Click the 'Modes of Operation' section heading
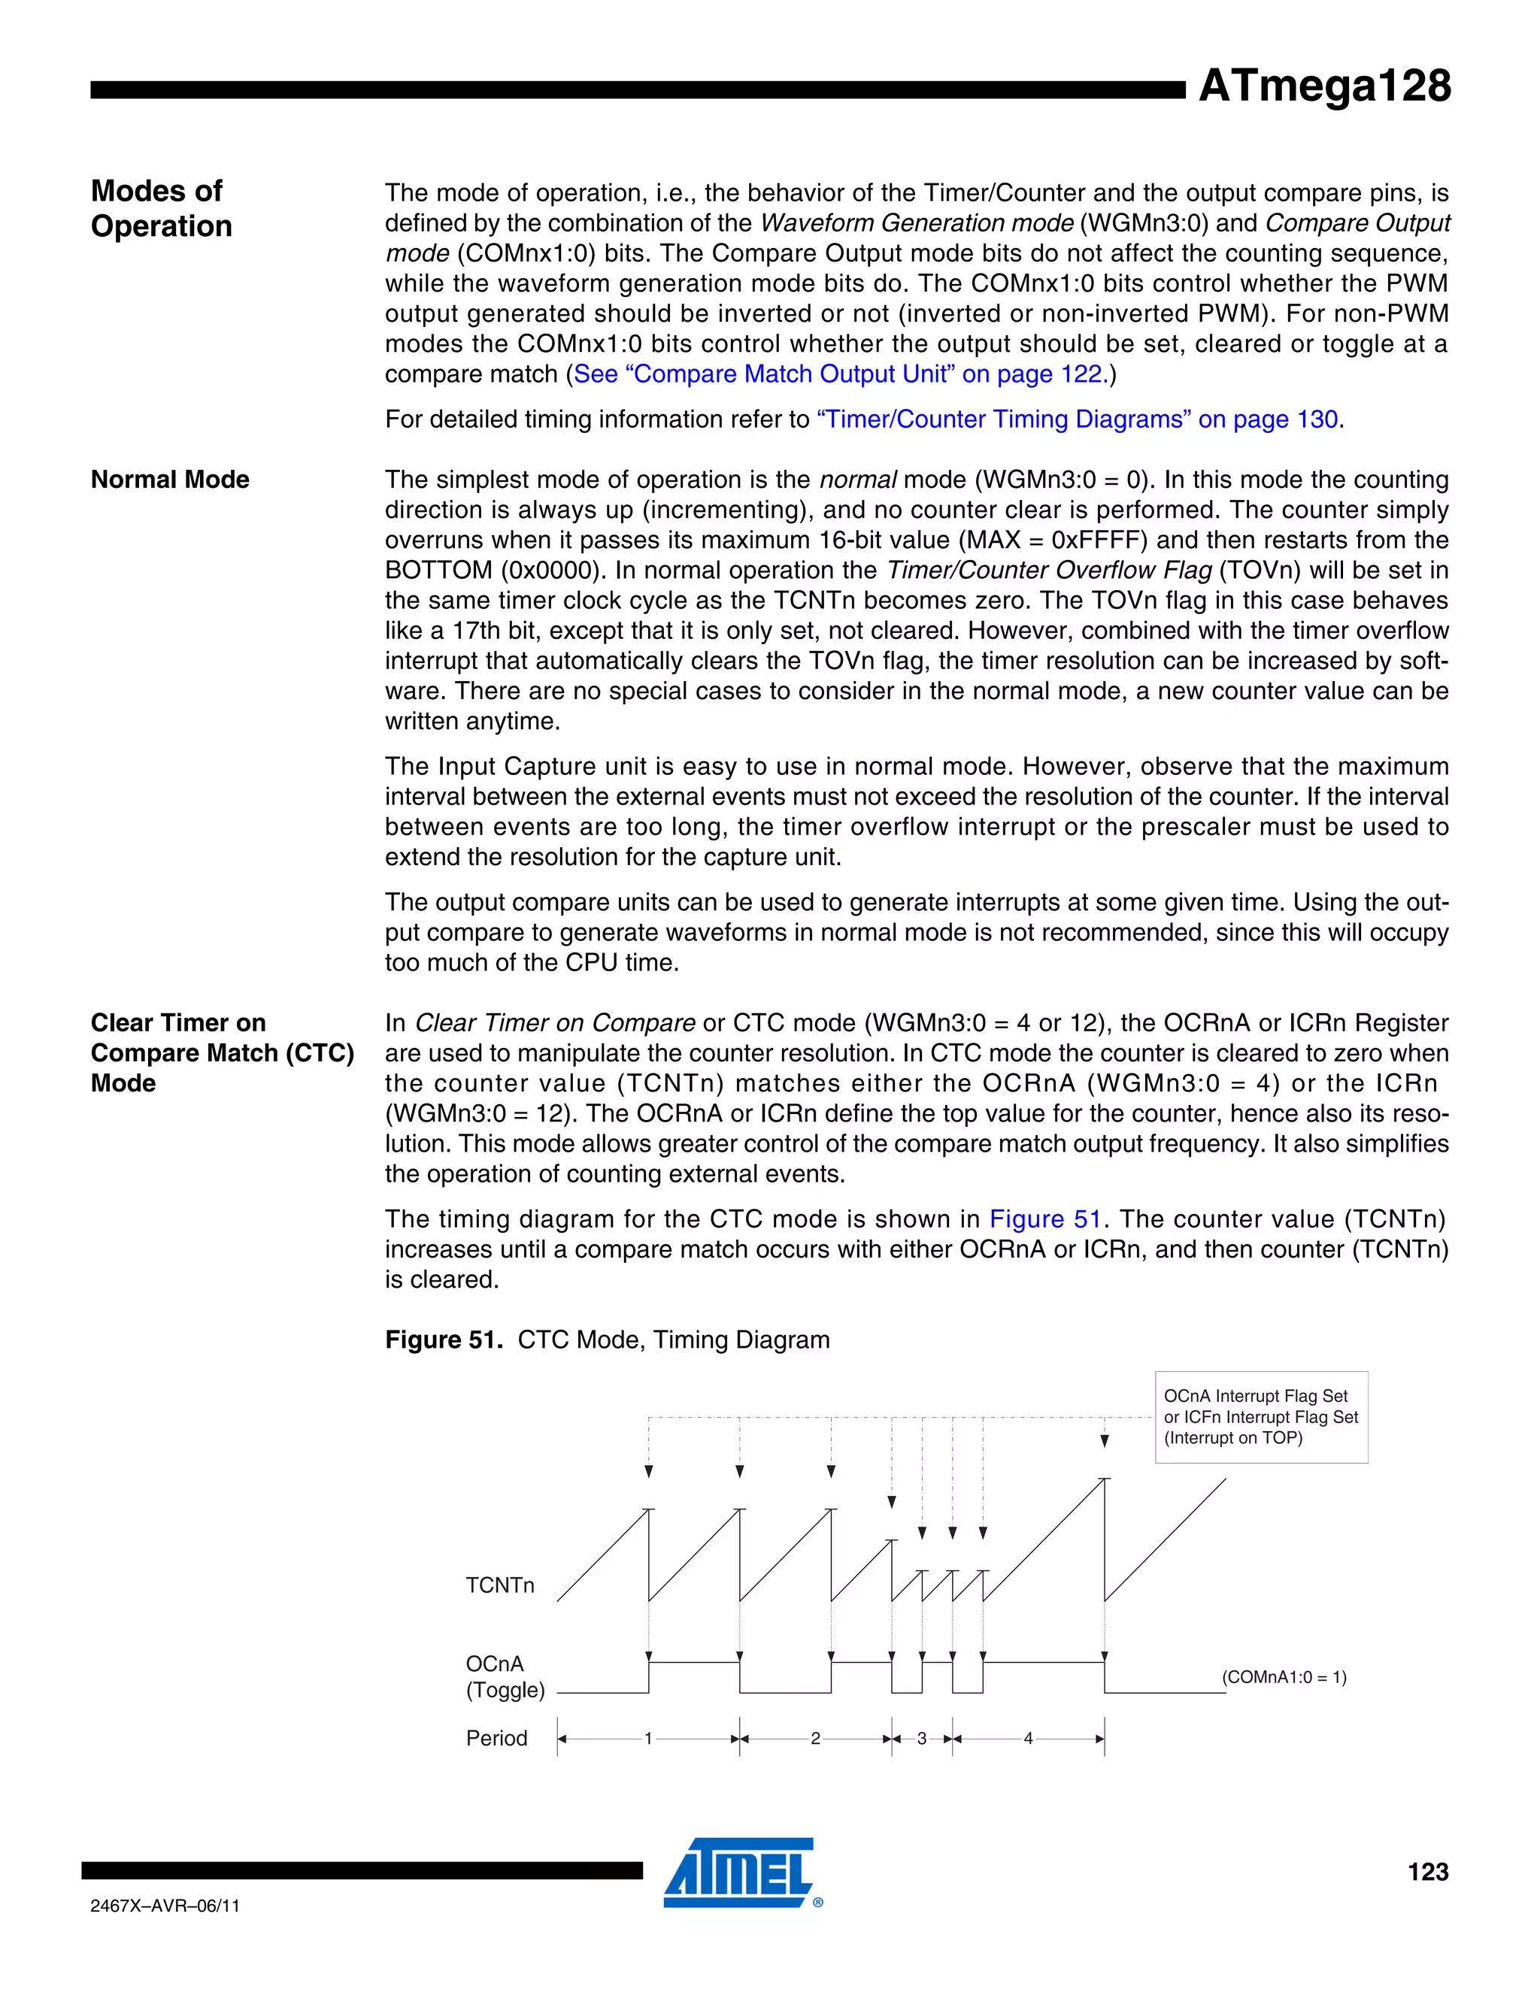pyautogui.click(x=161, y=208)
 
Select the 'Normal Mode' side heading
pyautogui.click(x=170, y=480)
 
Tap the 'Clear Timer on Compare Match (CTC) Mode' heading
pyautogui.click(x=222, y=1052)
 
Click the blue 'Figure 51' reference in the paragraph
pyautogui.click(x=1044, y=1219)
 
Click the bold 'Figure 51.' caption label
pyautogui.click(x=444, y=1340)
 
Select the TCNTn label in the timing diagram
pyautogui.click(x=500, y=1585)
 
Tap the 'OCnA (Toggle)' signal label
pyautogui.click(x=505, y=1676)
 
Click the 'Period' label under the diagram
pyautogui.click(x=496, y=1739)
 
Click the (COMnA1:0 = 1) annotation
pyautogui.click(x=1284, y=1677)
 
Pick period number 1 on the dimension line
pyautogui.click(x=647, y=1739)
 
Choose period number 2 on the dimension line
pyautogui.click(x=816, y=1739)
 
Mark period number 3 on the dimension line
pyautogui.click(x=921, y=1739)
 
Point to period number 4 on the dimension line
pyautogui.click(x=1028, y=1739)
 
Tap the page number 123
pyautogui.click(x=1427, y=1872)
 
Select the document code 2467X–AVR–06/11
pyautogui.click(x=165, y=1906)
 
